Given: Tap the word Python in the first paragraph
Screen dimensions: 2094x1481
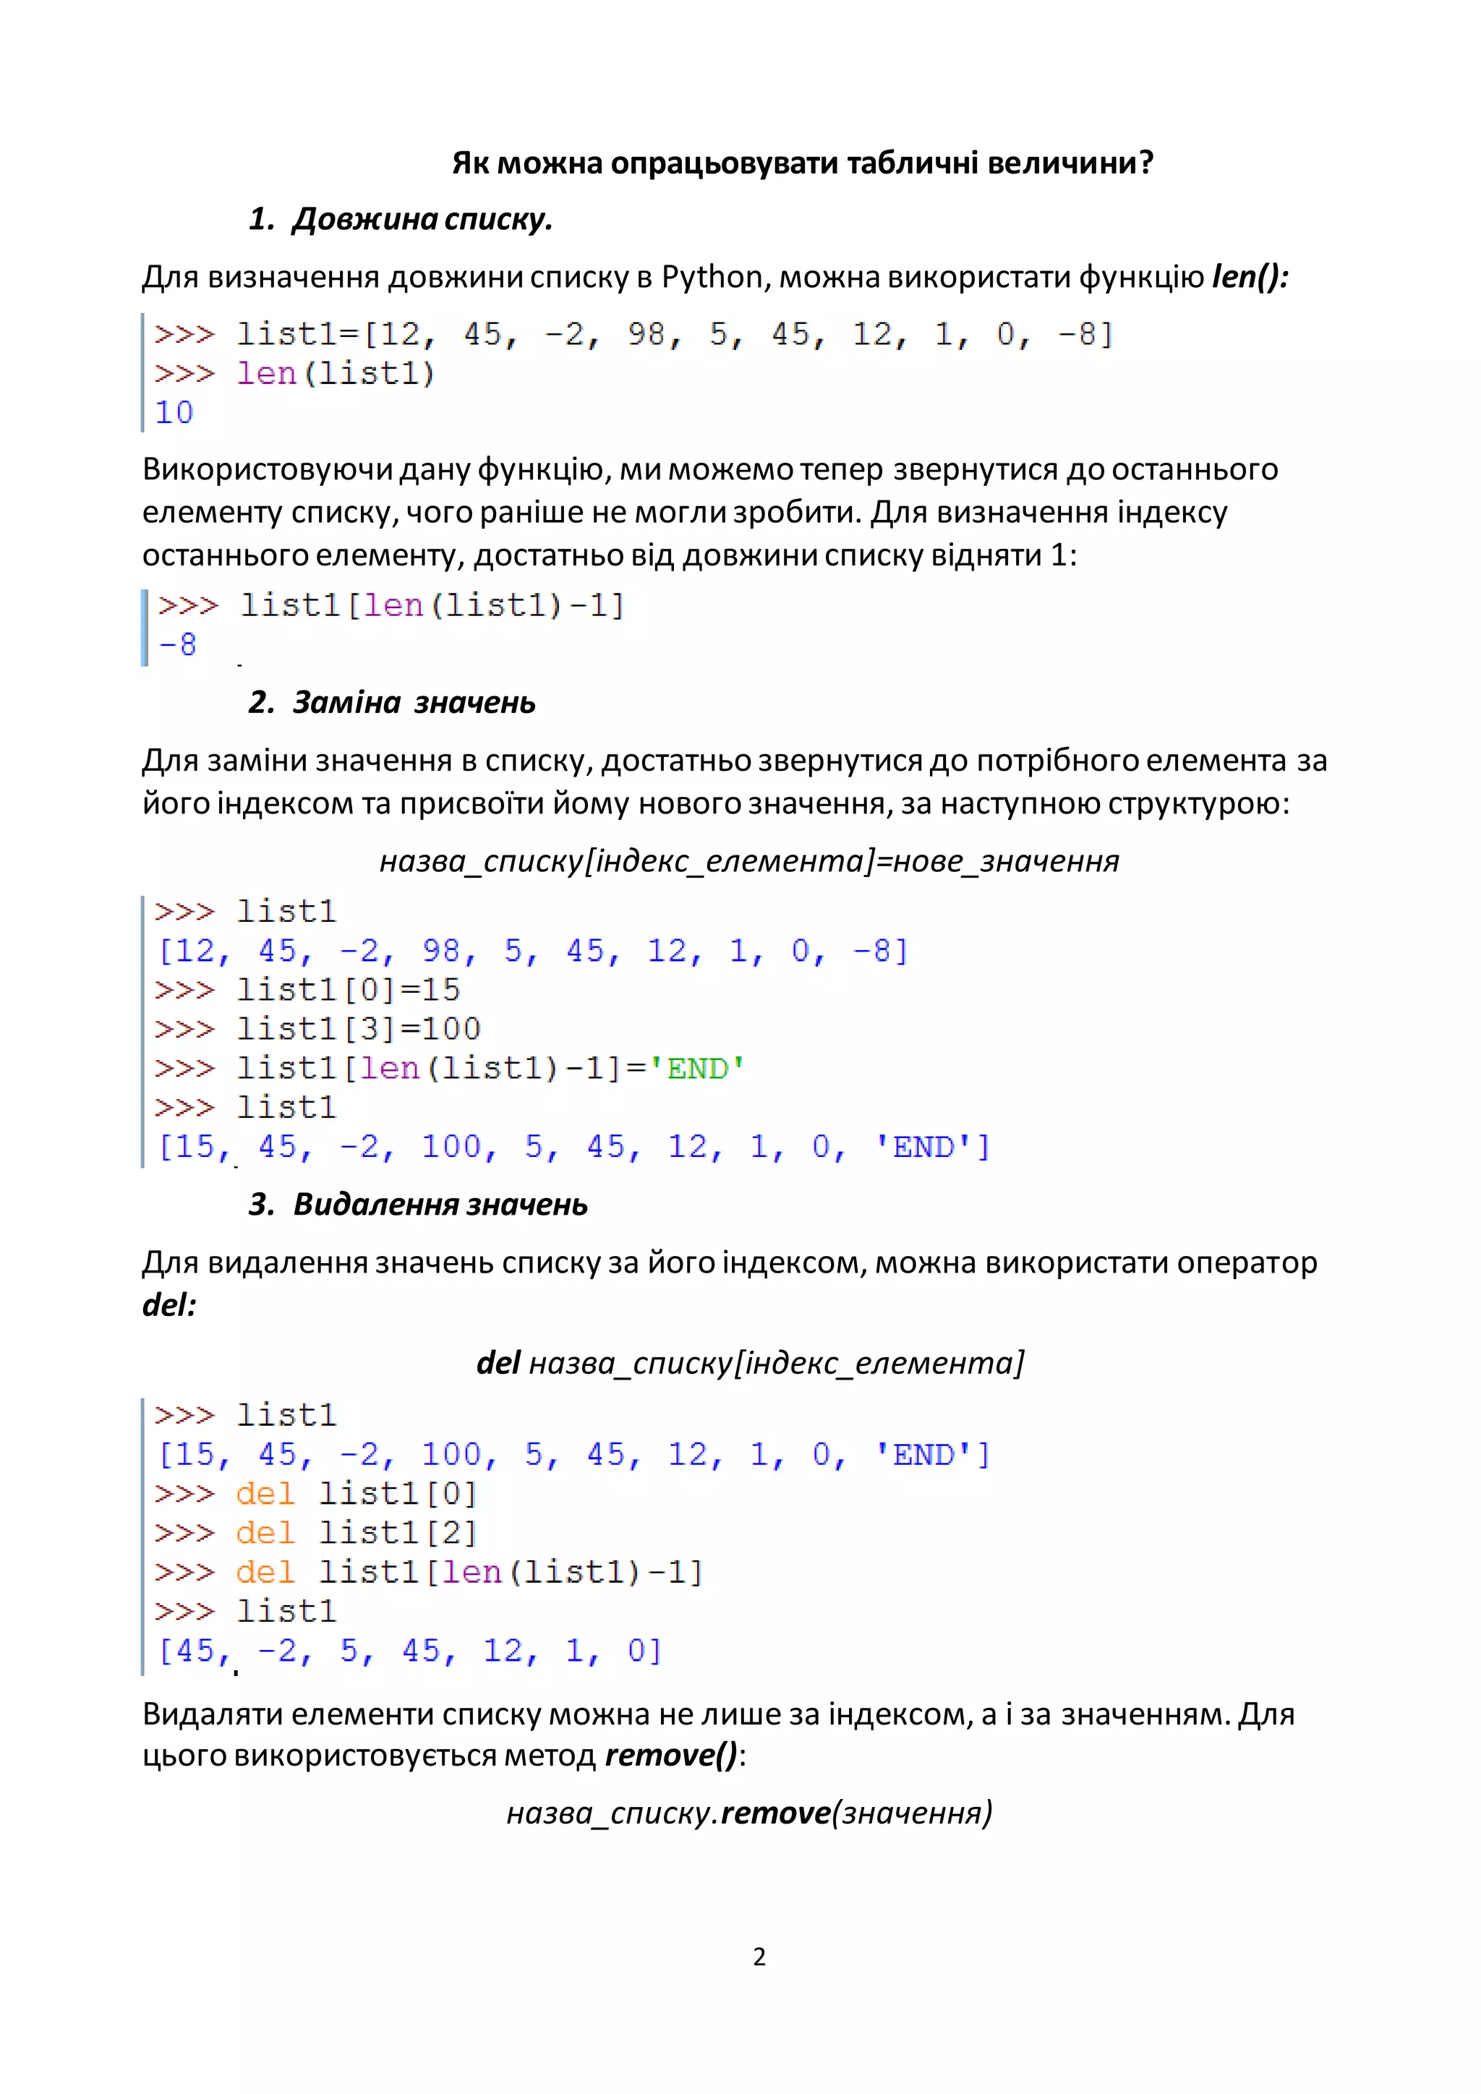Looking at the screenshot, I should (712, 276).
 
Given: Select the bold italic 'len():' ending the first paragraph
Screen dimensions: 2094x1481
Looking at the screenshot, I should (1250, 276).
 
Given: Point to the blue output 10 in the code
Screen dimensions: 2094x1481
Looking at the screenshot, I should (174, 412).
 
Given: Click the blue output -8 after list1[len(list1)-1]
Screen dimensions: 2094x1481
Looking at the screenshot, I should (178, 645).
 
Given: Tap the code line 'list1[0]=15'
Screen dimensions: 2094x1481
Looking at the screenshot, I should (349, 990).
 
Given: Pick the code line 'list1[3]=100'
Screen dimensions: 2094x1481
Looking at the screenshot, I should (359, 1029).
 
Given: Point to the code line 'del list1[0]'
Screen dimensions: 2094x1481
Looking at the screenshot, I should (357, 1493).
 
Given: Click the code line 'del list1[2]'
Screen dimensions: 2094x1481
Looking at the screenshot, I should (357, 1532).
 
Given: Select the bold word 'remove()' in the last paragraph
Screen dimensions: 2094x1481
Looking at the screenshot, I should (670, 1755).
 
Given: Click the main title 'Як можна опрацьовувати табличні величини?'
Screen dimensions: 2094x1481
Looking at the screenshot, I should (803, 163).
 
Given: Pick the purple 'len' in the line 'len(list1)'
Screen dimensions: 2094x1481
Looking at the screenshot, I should (266, 374).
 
